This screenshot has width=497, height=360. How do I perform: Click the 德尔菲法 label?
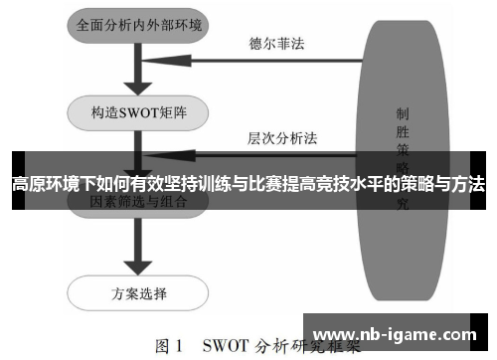click(x=276, y=43)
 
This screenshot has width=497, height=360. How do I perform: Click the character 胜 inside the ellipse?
click(x=401, y=132)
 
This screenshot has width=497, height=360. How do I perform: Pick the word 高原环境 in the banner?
click(x=39, y=184)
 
